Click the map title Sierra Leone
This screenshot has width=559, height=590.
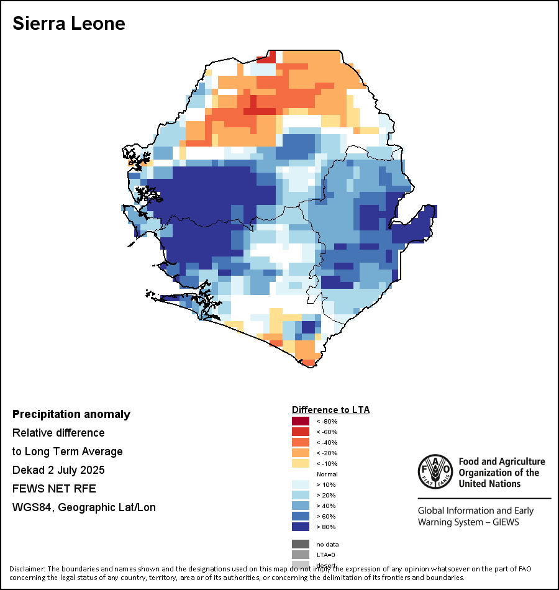[69, 24]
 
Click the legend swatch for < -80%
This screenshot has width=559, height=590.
[301, 421]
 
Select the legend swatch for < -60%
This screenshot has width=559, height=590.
[301, 432]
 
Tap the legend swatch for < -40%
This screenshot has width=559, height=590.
[301, 442]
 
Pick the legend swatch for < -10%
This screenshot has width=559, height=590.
[301, 463]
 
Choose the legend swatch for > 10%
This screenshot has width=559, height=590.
[301, 484]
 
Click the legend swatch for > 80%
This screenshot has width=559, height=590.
[301, 527]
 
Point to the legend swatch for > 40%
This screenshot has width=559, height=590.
[301, 506]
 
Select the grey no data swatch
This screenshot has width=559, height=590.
[301, 544]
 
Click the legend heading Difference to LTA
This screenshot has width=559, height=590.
[330, 410]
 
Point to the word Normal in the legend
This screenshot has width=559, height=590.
[327, 474]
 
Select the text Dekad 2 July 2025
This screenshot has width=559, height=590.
[58, 470]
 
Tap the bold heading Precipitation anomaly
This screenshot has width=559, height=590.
[71, 414]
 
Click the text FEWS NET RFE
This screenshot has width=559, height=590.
[54, 488]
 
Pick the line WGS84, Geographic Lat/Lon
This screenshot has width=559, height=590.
[84, 507]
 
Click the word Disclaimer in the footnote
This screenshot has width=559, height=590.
[27, 569]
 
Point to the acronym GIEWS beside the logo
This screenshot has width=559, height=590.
[504, 522]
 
